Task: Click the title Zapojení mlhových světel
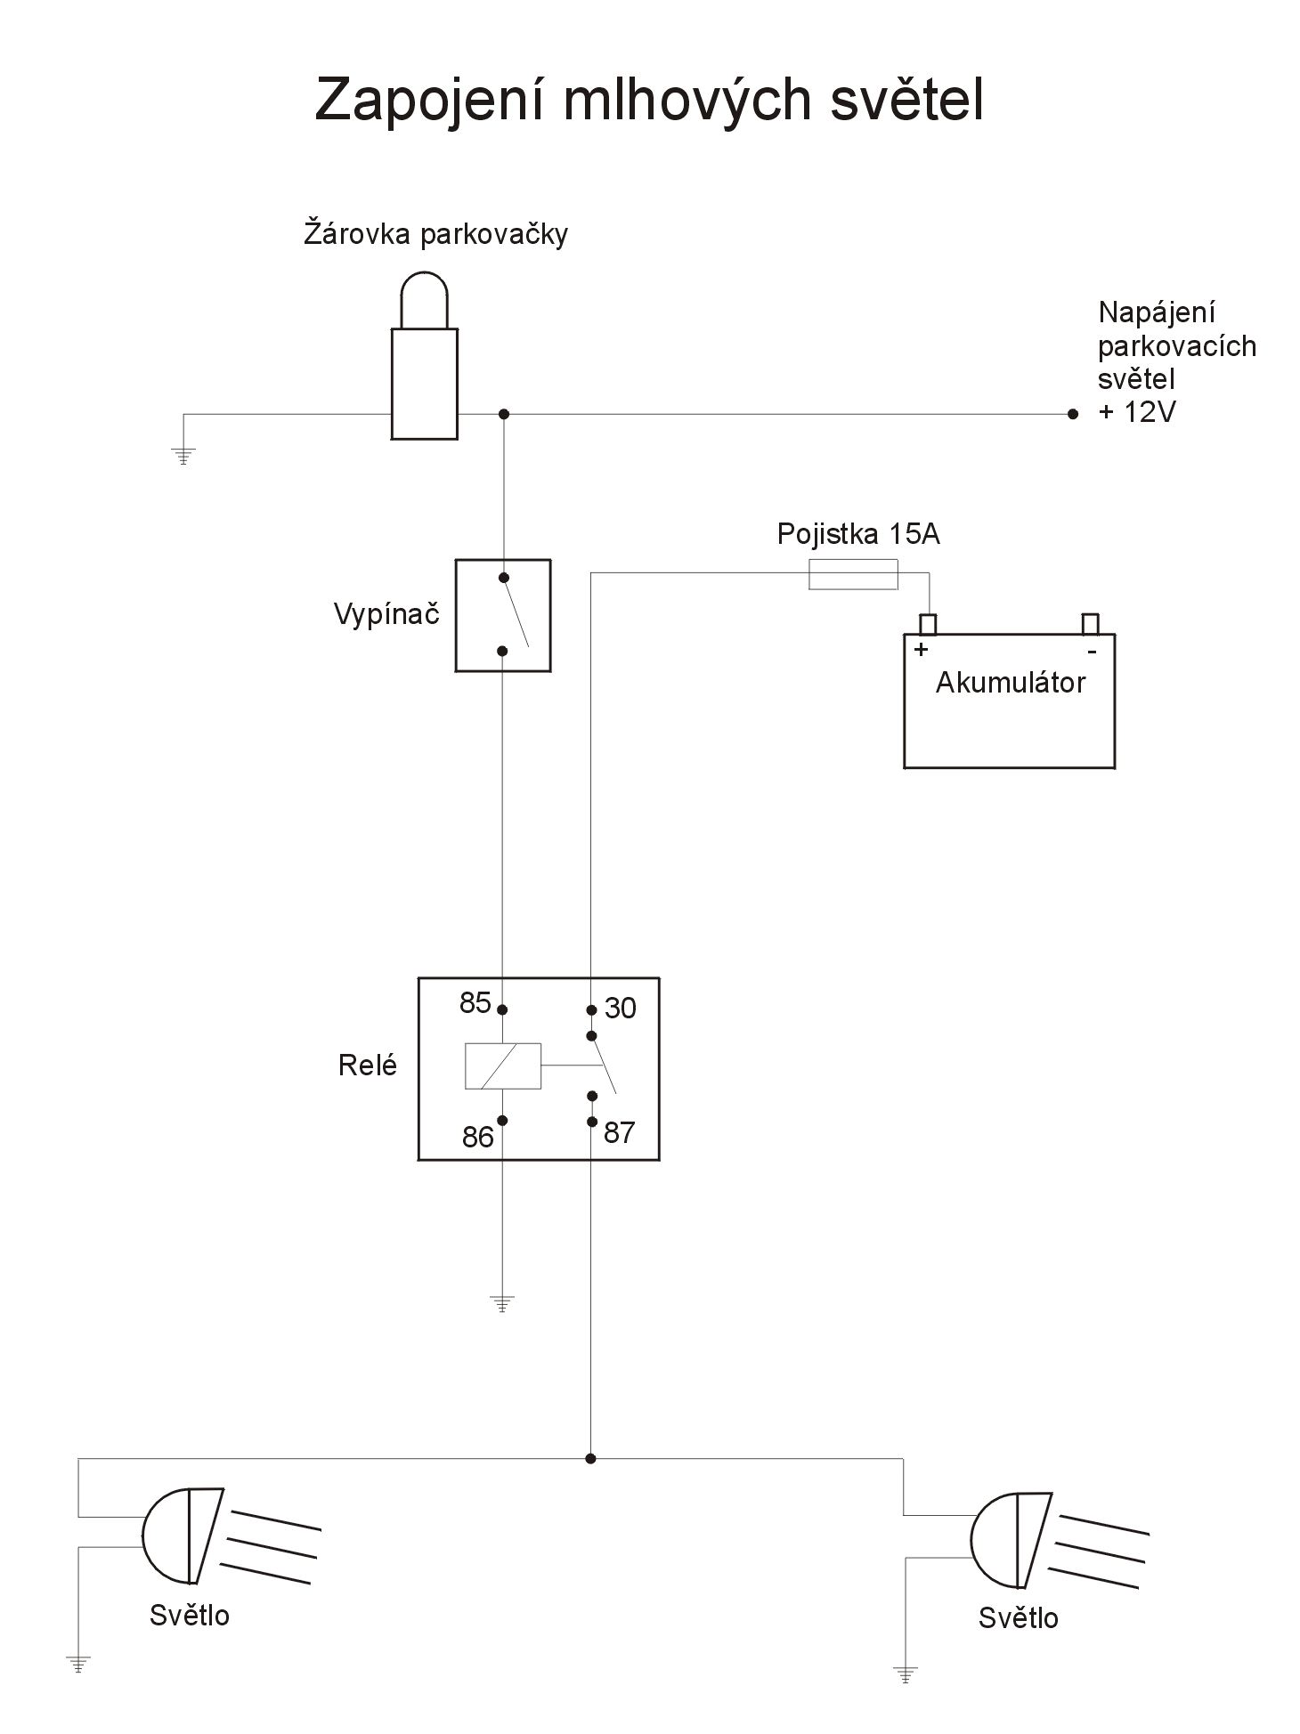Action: pyautogui.click(x=648, y=100)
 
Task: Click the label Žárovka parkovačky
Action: pyautogui.click(x=435, y=234)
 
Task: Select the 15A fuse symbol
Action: pyautogui.click(x=853, y=575)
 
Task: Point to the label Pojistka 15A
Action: pyautogui.click(x=858, y=534)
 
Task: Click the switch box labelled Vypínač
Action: pyautogui.click(x=503, y=615)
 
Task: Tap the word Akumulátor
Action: pyautogui.click(x=1011, y=683)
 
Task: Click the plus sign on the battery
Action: pyautogui.click(x=922, y=649)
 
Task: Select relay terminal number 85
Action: pyautogui.click(x=475, y=1003)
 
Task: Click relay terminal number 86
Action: pyautogui.click(x=478, y=1137)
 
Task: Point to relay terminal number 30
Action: pyautogui.click(x=621, y=1009)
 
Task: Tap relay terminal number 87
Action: pyautogui.click(x=620, y=1132)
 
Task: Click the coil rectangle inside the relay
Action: pyautogui.click(x=503, y=1066)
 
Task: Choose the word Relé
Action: pyautogui.click(x=367, y=1066)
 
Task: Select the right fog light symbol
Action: pyautogui.click(x=1012, y=1540)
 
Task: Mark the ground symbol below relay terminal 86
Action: pyautogui.click(x=503, y=1305)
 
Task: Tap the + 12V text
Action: pyautogui.click(x=1137, y=413)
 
